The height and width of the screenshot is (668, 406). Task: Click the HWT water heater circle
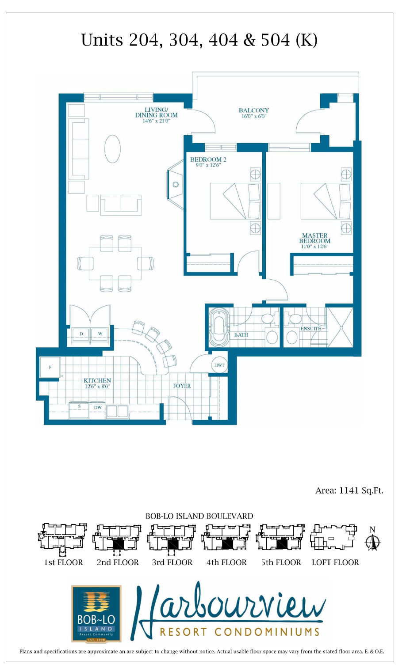pyautogui.click(x=219, y=365)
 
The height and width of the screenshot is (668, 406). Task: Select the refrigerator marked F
pyautogui.click(x=50, y=368)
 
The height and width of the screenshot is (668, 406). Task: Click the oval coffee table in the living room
pyautogui.click(x=112, y=149)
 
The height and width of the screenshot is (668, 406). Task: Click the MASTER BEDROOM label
pyautogui.click(x=314, y=238)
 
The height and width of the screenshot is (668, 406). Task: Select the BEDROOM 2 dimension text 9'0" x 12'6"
pyautogui.click(x=208, y=165)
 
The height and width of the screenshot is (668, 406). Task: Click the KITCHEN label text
pyautogui.click(x=97, y=380)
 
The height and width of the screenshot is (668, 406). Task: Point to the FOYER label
pyautogui.click(x=182, y=386)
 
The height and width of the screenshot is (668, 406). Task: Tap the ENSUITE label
pyautogui.click(x=311, y=329)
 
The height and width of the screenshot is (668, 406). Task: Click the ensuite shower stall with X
pyautogui.click(x=341, y=327)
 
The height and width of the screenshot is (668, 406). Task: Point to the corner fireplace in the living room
pyautogui.click(x=176, y=184)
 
